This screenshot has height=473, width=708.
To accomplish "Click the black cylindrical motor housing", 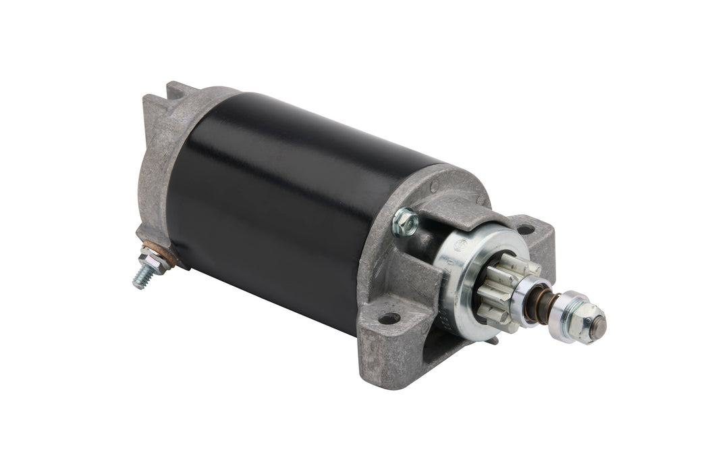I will coord(283,203).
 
